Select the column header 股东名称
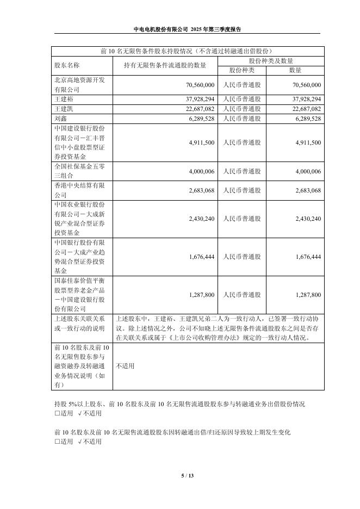click(x=67, y=65)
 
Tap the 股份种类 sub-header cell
click(x=242, y=70)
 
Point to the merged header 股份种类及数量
click(x=271, y=60)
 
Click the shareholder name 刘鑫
click(x=60, y=118)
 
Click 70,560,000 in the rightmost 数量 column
click(x=307, y=85)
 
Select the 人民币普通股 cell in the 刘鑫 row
click(x=242, y=119)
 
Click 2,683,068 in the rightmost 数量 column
click(x=307, y=190)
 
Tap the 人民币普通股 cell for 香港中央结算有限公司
click(x=242, y=190)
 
